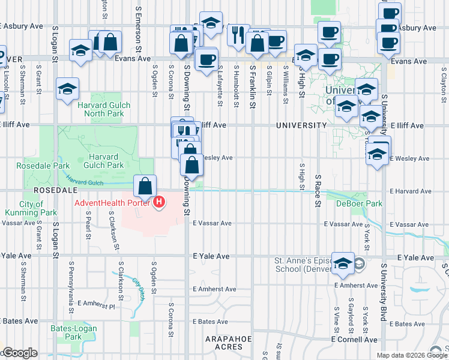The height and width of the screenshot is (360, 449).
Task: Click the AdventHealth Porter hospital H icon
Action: click(x=159, y=202)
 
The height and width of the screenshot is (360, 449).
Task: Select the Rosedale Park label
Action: click(x=35, y=165)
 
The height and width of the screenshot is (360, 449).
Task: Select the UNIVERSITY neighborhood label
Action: click(x=301, y=125)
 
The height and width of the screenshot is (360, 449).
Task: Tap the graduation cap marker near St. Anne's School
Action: click(x=343, y=263)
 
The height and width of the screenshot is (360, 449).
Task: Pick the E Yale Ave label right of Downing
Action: click(x=212, y=256)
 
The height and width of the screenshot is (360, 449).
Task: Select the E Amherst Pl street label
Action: click(x=95, y=305)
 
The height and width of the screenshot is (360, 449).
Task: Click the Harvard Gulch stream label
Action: click(x=81, y=179)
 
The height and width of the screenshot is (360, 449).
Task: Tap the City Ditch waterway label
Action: click(x=139, y=282)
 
